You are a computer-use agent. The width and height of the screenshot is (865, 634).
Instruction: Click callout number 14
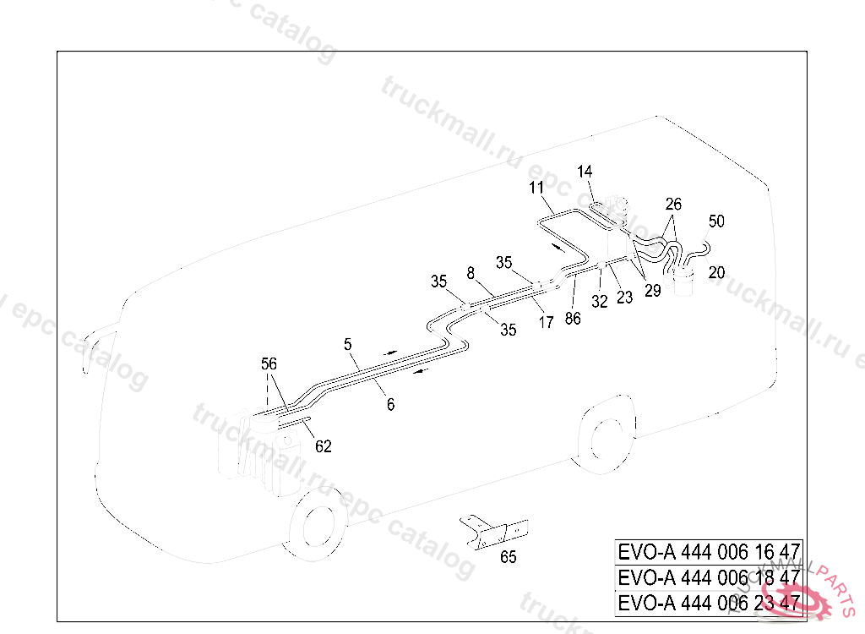pos(585,172)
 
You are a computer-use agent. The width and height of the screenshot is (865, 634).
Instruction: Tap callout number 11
pos(537,188)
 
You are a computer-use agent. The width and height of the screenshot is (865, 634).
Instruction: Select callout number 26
pos(673,205)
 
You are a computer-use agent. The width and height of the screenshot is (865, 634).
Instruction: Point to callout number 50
pos(716,221)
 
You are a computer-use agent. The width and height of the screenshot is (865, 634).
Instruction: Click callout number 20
pos(716,272)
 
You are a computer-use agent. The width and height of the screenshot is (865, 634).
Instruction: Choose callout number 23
pos(624,298)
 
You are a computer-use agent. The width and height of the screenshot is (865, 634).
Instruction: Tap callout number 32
pos(600,300)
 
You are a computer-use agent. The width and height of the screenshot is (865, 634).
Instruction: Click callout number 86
pos(574,318)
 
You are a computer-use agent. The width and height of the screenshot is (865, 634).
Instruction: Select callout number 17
pos(547,322)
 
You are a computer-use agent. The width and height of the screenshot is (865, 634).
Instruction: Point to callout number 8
pos(471,272)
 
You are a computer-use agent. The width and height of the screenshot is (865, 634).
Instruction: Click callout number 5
pos(347,344)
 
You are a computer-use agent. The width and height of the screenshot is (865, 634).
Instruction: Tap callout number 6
pos(390,405)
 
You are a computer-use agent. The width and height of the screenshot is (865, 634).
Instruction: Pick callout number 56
pos(269,363)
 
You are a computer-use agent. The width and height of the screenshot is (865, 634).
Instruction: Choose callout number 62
pos(324,447)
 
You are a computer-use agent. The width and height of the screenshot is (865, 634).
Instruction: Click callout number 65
pos(509,557)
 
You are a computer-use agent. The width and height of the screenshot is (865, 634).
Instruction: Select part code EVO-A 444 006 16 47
pos(709,552)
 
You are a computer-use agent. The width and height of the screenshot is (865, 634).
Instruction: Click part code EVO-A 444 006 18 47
pos(709,577)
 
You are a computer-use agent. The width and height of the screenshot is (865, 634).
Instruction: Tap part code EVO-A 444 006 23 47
pos(709,603)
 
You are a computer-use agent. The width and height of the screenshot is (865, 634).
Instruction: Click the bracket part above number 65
pos(493,531)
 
